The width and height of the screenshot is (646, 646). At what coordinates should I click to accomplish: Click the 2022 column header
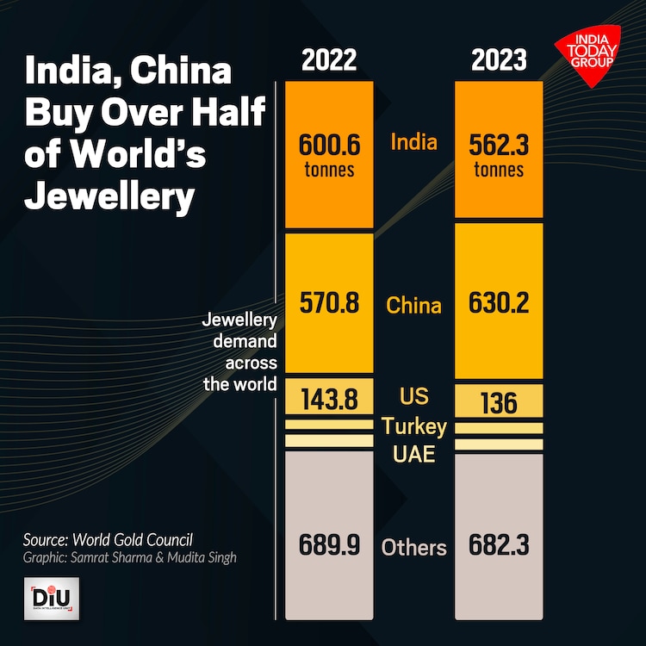point(329,61)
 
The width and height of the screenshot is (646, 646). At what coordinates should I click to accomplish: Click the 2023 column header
point(499,61)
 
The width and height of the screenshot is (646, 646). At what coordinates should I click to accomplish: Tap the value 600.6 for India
point(329,143)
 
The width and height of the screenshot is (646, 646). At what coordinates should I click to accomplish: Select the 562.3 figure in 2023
point(499,143)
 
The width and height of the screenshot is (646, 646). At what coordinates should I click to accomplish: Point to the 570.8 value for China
point(329,304)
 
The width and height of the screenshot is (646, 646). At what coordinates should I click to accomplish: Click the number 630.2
point(499,304)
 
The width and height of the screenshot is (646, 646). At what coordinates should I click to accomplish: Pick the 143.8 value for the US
point(329,400)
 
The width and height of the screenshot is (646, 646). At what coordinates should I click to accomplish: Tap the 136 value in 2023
point(499,402)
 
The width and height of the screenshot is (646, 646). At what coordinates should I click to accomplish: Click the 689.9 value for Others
point(329,545)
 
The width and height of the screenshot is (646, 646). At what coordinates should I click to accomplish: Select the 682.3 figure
point(499,545)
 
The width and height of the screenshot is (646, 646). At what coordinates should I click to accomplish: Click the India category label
point(413,141)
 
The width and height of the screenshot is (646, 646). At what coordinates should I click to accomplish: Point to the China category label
point(413,305)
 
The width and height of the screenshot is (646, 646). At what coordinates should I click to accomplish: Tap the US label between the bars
point(414,398)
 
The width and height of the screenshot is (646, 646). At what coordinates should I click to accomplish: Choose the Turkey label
point(414,426)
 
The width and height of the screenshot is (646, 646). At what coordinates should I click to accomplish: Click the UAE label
point(414,454)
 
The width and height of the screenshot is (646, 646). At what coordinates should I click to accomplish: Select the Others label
point(414,547)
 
